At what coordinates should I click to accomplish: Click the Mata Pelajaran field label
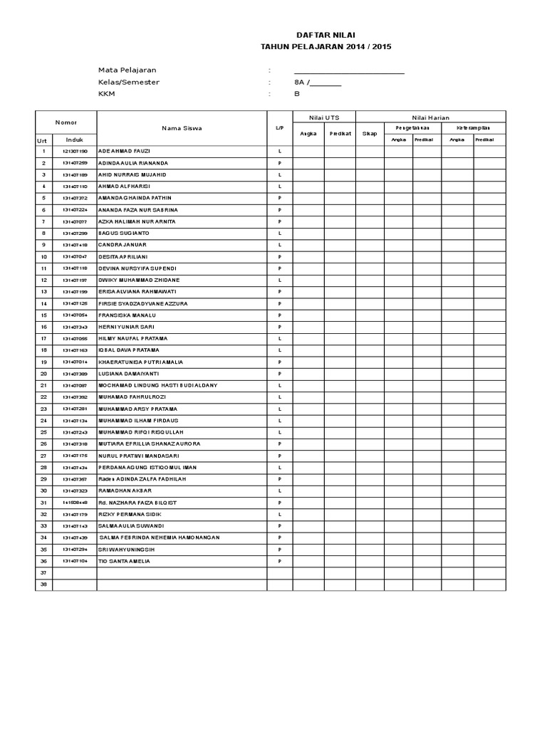click(x=127, y=70)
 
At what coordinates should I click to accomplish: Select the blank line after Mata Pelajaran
click(x=349, y=70)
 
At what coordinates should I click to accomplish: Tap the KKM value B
click(x=297, y=93)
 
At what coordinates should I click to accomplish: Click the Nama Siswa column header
click(x=182, y=128)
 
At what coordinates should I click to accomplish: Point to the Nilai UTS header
click(x=324, y=117)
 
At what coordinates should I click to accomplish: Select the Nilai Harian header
click(x=430, y=117)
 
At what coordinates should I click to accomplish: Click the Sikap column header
click(x=370, y=133)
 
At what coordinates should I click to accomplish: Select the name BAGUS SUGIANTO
click(x=123, y=234)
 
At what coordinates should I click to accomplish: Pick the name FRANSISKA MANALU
click(x=127, y=315)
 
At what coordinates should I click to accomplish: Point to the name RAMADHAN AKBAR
click(x=125, y=491)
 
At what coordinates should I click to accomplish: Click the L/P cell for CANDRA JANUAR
click(x=279, y=245)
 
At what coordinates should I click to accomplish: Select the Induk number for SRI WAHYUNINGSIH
click(x=75, y=549)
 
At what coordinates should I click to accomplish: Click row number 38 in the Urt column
click(x=43, y=584)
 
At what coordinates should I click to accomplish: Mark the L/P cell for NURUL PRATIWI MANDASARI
click(x=279, y=456)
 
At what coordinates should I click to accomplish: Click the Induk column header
click(x=75, y=140)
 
